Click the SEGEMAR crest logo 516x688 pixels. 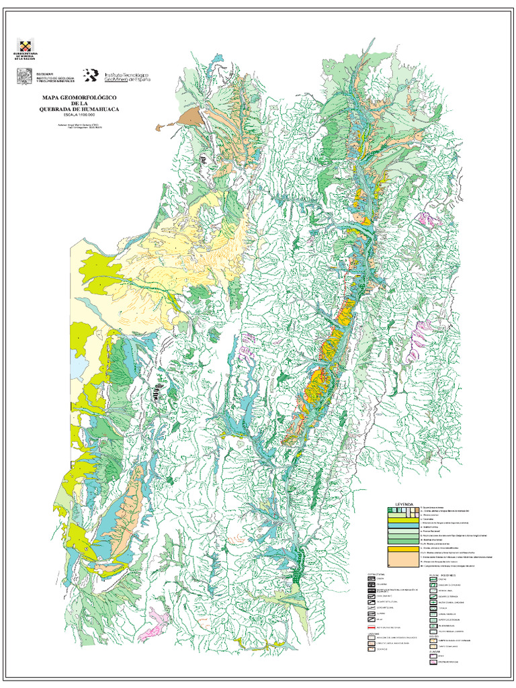[x=24, y=77]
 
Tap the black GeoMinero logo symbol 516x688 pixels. [x=91, y=76]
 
